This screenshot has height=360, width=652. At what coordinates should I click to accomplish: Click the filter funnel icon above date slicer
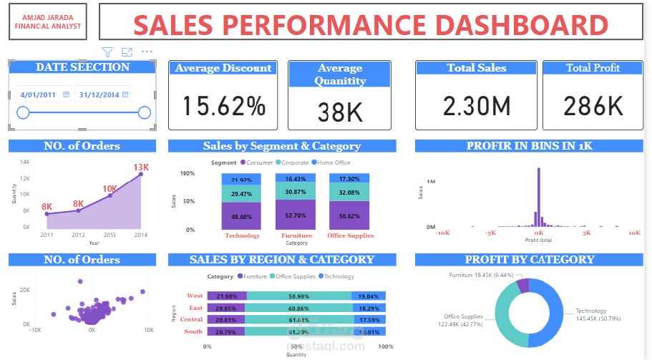[x=107, y=52]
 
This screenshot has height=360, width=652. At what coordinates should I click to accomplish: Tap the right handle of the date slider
[x=144, y=112]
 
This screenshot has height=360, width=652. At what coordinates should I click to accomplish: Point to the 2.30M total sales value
[x=477, y=106]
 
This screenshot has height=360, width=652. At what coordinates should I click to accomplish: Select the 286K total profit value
[x=593, y=106]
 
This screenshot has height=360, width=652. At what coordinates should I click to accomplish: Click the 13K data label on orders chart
[x=140, y=167]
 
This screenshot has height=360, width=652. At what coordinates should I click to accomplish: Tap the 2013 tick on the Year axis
[x=110, y=235]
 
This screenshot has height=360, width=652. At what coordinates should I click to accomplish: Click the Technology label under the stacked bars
[x=242, y=235]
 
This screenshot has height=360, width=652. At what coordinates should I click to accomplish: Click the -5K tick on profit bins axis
[x=490, y=233]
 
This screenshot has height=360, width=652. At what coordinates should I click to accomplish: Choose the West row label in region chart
[x=194, y=296]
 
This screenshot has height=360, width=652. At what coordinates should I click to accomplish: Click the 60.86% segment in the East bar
[x=297, y=308]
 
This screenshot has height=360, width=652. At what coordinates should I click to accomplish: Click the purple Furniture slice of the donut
[x=523, y=286]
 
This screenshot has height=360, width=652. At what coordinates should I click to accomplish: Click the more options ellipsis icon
[x=147, y=52]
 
